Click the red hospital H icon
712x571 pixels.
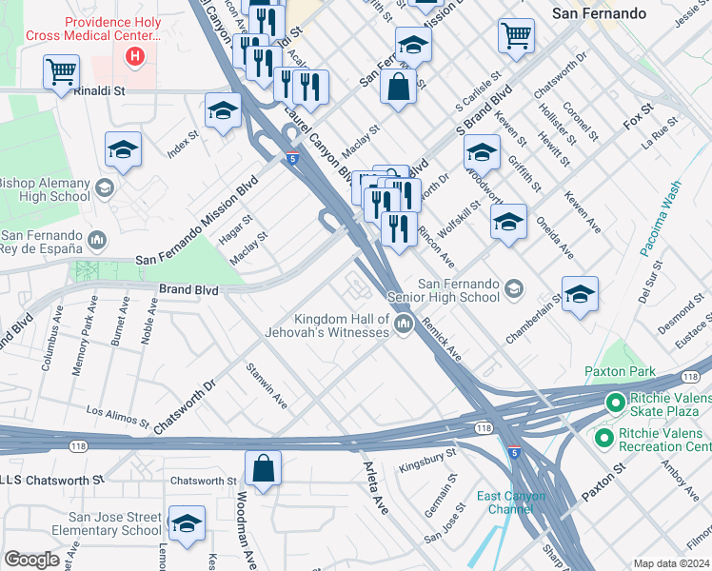click(x=135, y=56)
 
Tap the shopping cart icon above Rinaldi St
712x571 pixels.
click(x=61, y=71)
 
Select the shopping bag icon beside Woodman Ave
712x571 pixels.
click(x=263, y=468)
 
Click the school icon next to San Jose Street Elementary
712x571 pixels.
click(x=187, y=522)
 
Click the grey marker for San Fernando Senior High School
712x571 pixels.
click(x=515, y=288)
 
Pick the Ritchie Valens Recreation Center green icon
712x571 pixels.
click(x=603, y=438)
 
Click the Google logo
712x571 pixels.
click(x=31, y=560)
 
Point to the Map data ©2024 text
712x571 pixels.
click(x=670, y=563)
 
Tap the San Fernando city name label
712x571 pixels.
click(x=599, y=13)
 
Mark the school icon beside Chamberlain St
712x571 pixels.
click(x=579, y=295)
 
